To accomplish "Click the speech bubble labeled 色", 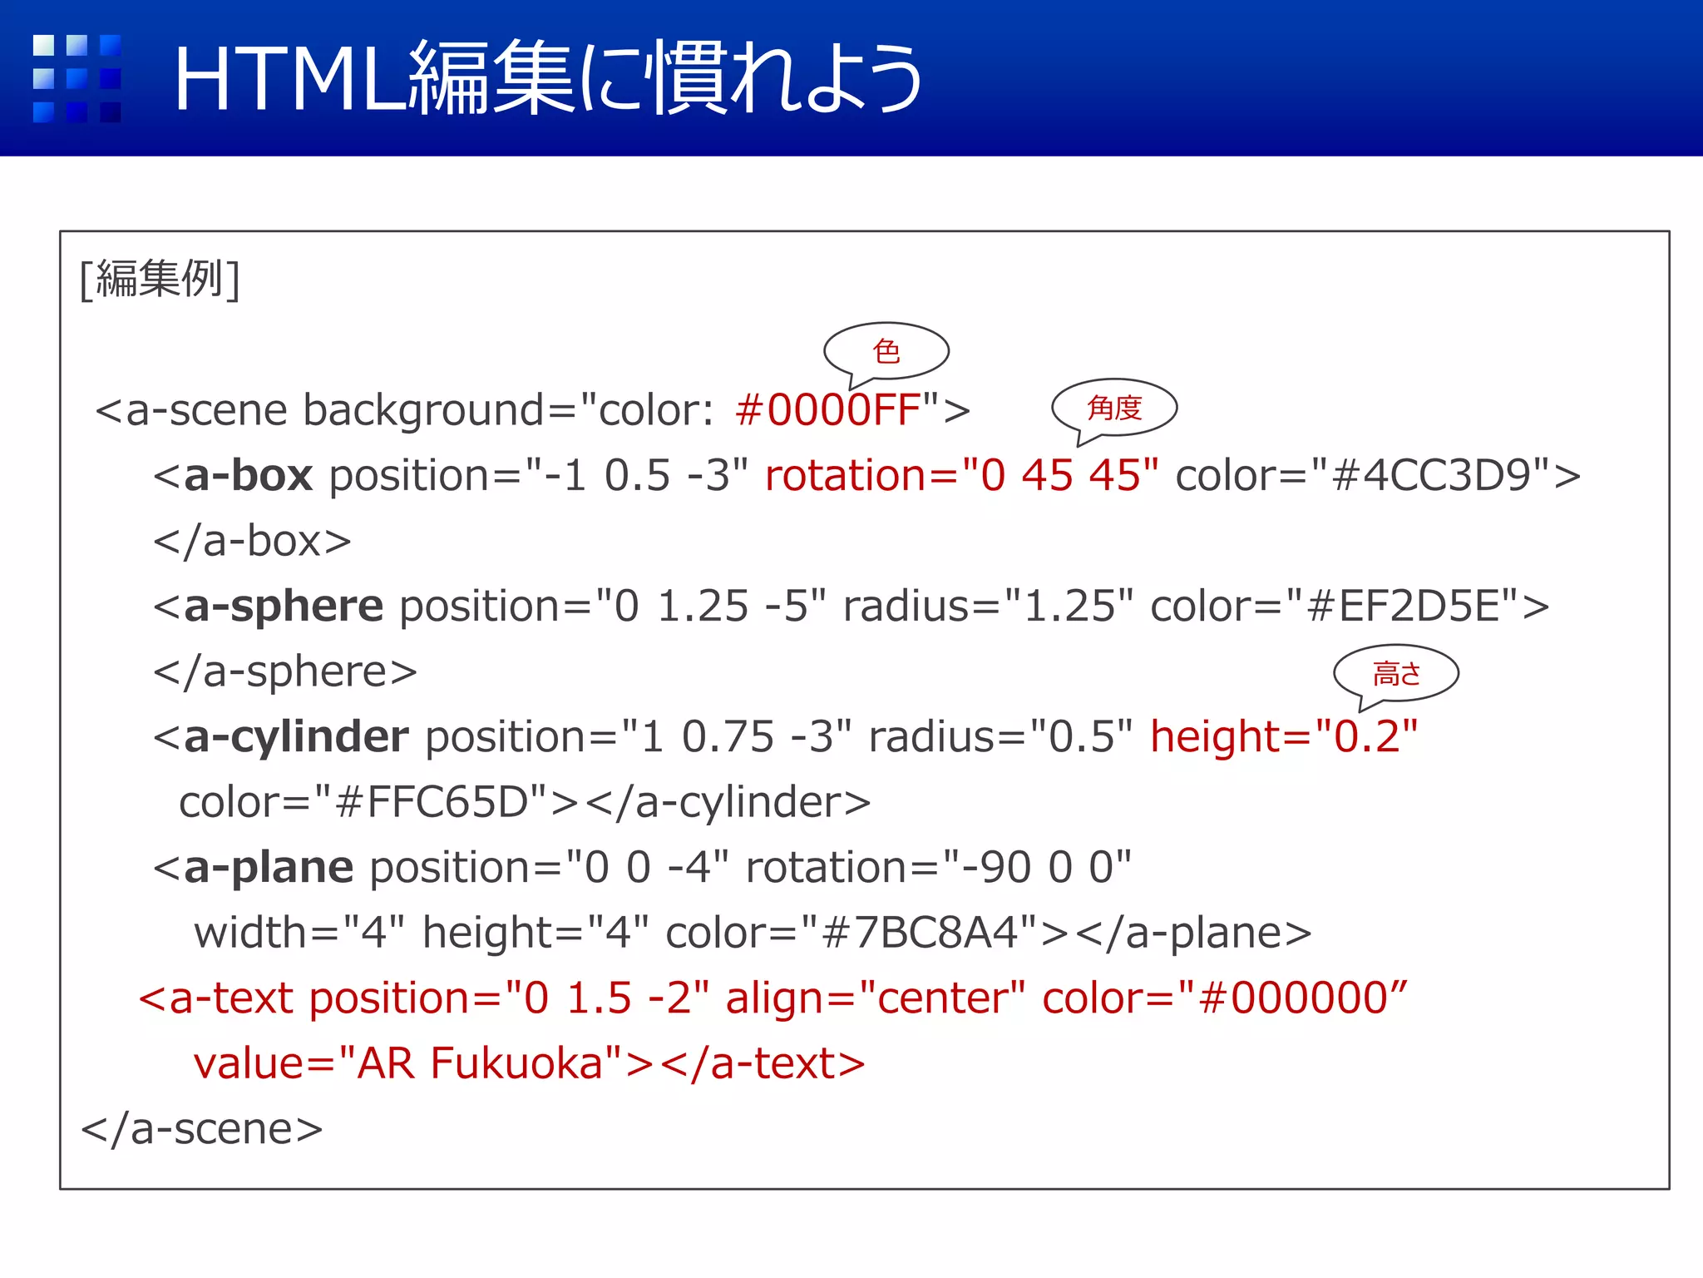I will pos(886,351).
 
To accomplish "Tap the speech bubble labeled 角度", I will pos(1114,408).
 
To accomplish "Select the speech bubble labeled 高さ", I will pos(1396,673).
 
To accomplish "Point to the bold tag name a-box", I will pos(248,476).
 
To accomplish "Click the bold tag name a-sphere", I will pos(283,607).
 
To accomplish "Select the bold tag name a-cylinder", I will pos(296,737).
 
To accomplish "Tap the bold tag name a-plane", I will pos(269,868).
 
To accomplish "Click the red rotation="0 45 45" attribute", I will pos(961,476).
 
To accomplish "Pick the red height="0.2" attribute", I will pos(1284,737).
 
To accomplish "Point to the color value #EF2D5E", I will pos(1404,607).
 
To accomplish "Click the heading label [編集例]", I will pos(160,279).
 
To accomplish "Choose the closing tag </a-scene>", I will pos(202,1129).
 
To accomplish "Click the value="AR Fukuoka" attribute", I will pos(407,1064).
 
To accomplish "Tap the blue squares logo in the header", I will pos(77,78).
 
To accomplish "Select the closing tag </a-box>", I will pos(252,542).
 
